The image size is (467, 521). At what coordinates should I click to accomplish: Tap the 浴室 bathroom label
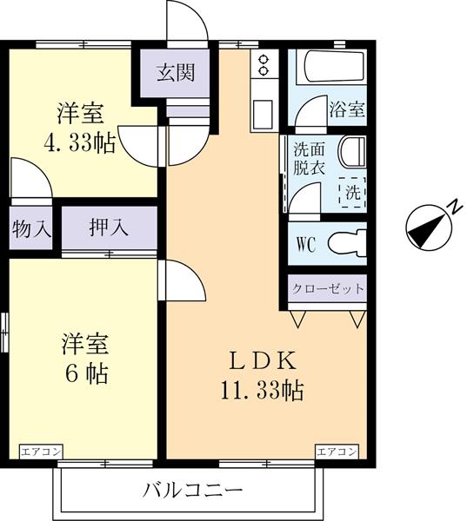[347, 110]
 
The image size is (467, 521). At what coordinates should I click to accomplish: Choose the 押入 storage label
[109, 228]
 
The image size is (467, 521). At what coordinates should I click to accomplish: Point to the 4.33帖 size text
[81, 142]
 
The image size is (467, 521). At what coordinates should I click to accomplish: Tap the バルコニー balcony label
[192, 491]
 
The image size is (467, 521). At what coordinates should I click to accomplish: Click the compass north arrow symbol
[430, 226]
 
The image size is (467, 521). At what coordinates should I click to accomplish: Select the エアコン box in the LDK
[337, 452]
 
